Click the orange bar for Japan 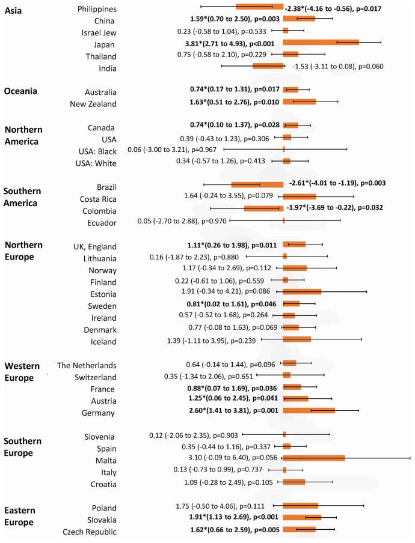(x=321, y=42)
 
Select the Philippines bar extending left (x=259, y=7)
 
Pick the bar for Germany (x=309, y=410)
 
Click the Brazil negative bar (x=257, y=184)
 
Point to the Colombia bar (x=263, y=208)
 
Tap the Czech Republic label (x=89, y=532)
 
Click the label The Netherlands (x=87, y=365)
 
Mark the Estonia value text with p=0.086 (x=230, y=291)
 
